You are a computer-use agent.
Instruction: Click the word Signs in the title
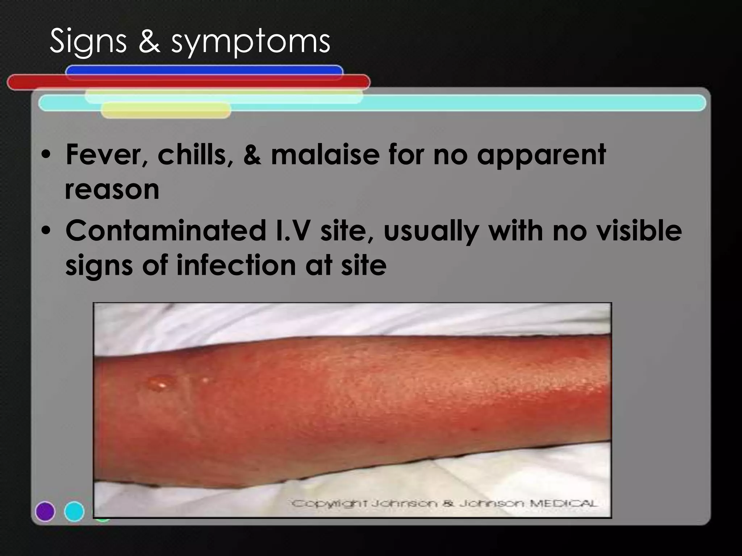[88, 42]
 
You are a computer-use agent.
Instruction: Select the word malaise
[325, 155]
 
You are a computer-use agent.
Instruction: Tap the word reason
[112, 190]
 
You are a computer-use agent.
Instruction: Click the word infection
[236, 265]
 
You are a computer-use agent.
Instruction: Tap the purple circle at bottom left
[45, 511]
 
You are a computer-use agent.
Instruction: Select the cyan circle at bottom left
[74, 511]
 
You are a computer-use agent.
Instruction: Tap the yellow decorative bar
[166, 110]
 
